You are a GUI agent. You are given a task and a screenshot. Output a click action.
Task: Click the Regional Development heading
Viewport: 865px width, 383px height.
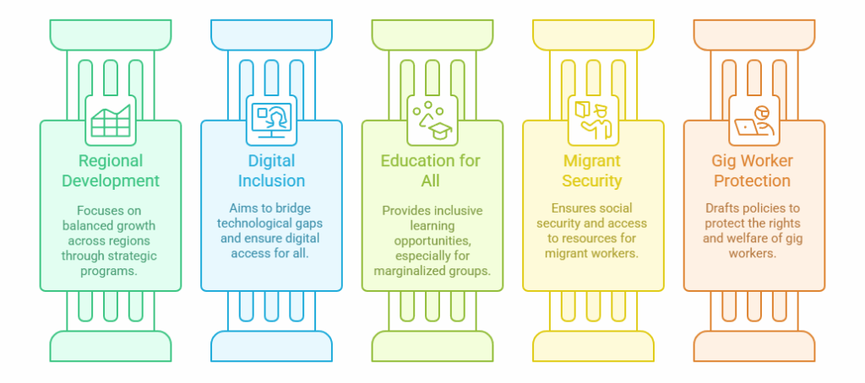point(111,170)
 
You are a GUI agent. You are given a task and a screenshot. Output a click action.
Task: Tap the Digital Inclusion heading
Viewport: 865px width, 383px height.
point(271,170)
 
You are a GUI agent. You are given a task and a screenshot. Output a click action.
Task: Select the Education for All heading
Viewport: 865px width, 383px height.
point(432,170)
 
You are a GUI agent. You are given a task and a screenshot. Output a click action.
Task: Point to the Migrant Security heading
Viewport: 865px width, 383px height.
point(592,170)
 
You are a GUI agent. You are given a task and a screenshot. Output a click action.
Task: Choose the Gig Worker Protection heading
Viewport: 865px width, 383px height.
point(753,170)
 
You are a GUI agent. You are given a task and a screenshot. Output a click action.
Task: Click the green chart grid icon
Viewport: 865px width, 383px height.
point(111,121)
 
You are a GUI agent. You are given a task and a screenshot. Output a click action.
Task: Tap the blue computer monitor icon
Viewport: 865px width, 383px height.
point(271,121)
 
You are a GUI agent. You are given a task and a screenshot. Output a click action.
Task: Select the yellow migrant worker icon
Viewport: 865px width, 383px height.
point(592,121)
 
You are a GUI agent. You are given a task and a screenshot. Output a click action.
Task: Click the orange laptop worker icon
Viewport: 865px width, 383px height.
point(753,121)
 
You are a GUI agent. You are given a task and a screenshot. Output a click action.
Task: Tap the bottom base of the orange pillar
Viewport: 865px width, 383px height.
point(753,346)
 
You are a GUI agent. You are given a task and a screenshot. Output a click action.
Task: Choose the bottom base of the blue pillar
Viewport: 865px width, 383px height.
point(271,346)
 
